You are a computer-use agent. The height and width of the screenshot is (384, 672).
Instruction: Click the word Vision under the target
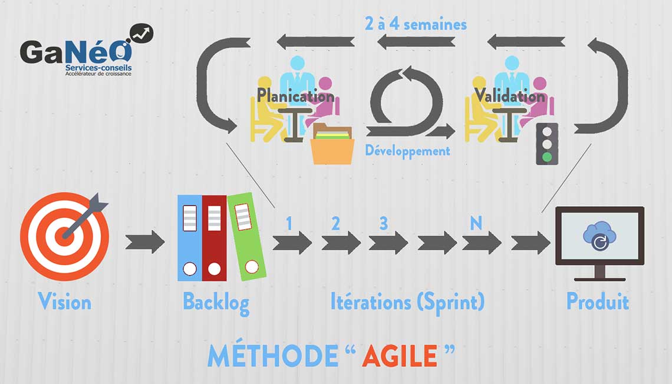point(65,302)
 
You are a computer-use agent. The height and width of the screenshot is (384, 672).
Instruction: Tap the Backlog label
point(216,302)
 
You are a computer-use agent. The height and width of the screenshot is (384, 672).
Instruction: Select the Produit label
point(597,302)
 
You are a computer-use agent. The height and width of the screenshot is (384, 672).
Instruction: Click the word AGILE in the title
point(400,356)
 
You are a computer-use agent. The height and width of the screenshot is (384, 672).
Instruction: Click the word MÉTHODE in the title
point(272,356)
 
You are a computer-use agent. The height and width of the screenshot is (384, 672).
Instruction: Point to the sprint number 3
point(384,224)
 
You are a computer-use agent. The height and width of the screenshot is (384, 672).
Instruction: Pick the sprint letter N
point(475,224)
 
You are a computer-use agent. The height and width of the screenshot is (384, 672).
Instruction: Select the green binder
point(246,236)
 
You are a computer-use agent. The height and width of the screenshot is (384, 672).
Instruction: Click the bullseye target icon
point(64,236)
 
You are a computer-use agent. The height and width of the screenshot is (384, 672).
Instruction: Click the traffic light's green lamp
point(548,157)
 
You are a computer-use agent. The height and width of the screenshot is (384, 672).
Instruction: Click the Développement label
point(407,151)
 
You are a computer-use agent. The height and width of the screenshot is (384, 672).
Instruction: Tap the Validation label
point(510,95)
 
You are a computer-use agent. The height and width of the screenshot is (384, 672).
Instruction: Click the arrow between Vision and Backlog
point(145,241)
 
